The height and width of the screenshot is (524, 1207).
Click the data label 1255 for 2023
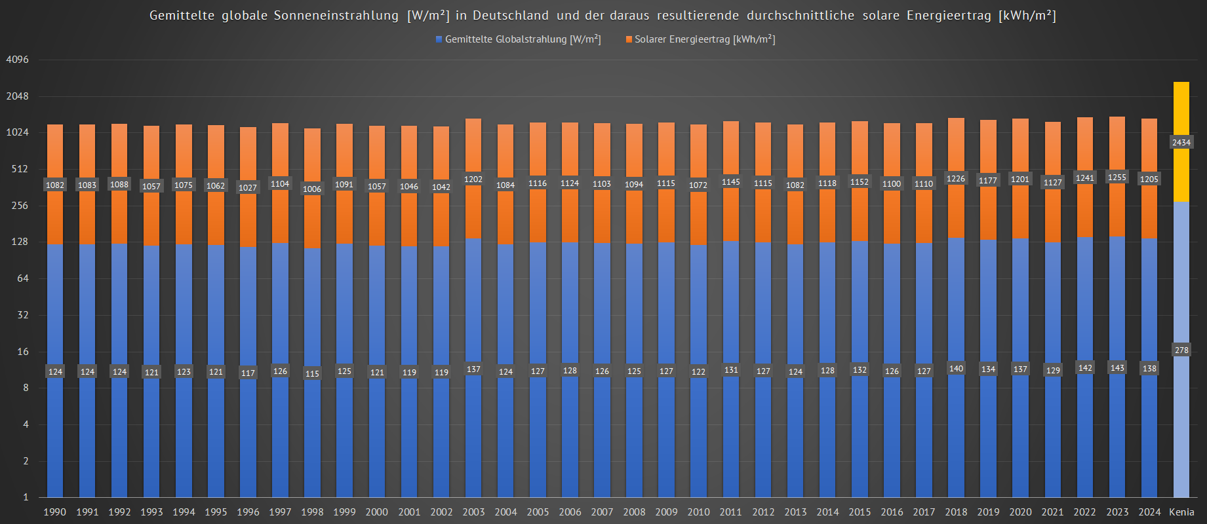coord(1117,178)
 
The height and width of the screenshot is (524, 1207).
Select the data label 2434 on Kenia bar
coord(1181,142)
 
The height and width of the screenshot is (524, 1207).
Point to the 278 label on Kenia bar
coord(1181,350)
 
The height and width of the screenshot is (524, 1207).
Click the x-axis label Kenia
coord(1181,512)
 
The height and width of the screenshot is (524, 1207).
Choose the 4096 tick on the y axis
coord(18,60)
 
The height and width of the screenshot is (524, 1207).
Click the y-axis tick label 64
coord(23,278)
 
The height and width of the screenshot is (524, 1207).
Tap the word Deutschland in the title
coord(510,15)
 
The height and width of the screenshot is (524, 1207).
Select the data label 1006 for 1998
coord(312,189)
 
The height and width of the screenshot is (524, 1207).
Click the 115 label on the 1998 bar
coord(312,374)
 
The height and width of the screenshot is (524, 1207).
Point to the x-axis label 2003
coord(473,512)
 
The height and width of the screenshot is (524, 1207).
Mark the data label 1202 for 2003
coord(473,179)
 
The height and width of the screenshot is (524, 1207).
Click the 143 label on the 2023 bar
coord(1117,368)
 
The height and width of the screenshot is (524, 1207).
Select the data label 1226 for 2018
coord(955,179)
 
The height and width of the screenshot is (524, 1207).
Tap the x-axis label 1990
coord(55,512)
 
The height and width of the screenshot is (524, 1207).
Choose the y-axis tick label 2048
coord(18,96)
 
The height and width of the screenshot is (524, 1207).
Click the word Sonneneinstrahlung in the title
coord(336,15)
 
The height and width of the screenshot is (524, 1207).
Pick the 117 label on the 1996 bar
coord(248,373)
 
